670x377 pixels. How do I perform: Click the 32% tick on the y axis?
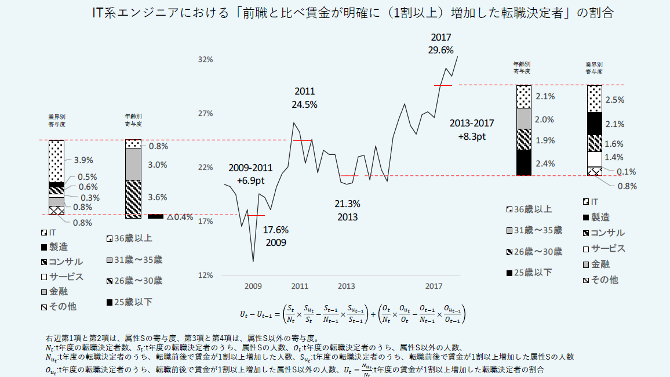(x=206, y=59)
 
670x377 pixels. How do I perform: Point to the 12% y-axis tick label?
(x=206, y=275)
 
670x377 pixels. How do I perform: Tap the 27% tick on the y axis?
(x=206, y=113)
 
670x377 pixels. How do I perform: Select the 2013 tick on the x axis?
(x=346, y=286)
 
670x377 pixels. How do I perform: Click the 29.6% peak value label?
(x=440, y=50)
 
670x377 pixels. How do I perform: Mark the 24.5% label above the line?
(x=304, y=104)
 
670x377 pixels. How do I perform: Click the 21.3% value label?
(x=348, y=204)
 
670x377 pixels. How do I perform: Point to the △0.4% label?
(x=180, y=217)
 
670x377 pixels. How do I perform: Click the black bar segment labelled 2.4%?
(x=523, y=162)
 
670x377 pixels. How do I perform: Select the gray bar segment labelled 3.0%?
(x=133, y=164)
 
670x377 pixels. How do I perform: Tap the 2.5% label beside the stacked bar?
(x=614, y=100)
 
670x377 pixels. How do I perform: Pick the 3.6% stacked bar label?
(x=158, y=197)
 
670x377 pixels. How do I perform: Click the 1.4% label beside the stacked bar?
(x=614, y=157)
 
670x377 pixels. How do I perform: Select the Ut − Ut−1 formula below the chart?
(x=352, y=313)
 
